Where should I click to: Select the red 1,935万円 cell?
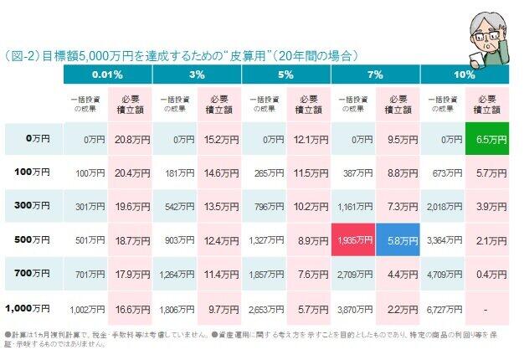coord(353,239)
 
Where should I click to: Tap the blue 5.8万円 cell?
coord(398,239)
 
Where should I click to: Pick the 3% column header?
coord(197,75)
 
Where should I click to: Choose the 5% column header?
coord(286,75)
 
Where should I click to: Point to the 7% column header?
coord(376,75)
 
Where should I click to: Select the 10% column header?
coord(465,75)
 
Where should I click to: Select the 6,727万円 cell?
coord(443,307)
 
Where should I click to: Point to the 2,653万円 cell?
coord(264,307)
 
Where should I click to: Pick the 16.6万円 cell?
coord(129,307)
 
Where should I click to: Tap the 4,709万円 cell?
coord(443,273)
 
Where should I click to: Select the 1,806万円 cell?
coord(174,307)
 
